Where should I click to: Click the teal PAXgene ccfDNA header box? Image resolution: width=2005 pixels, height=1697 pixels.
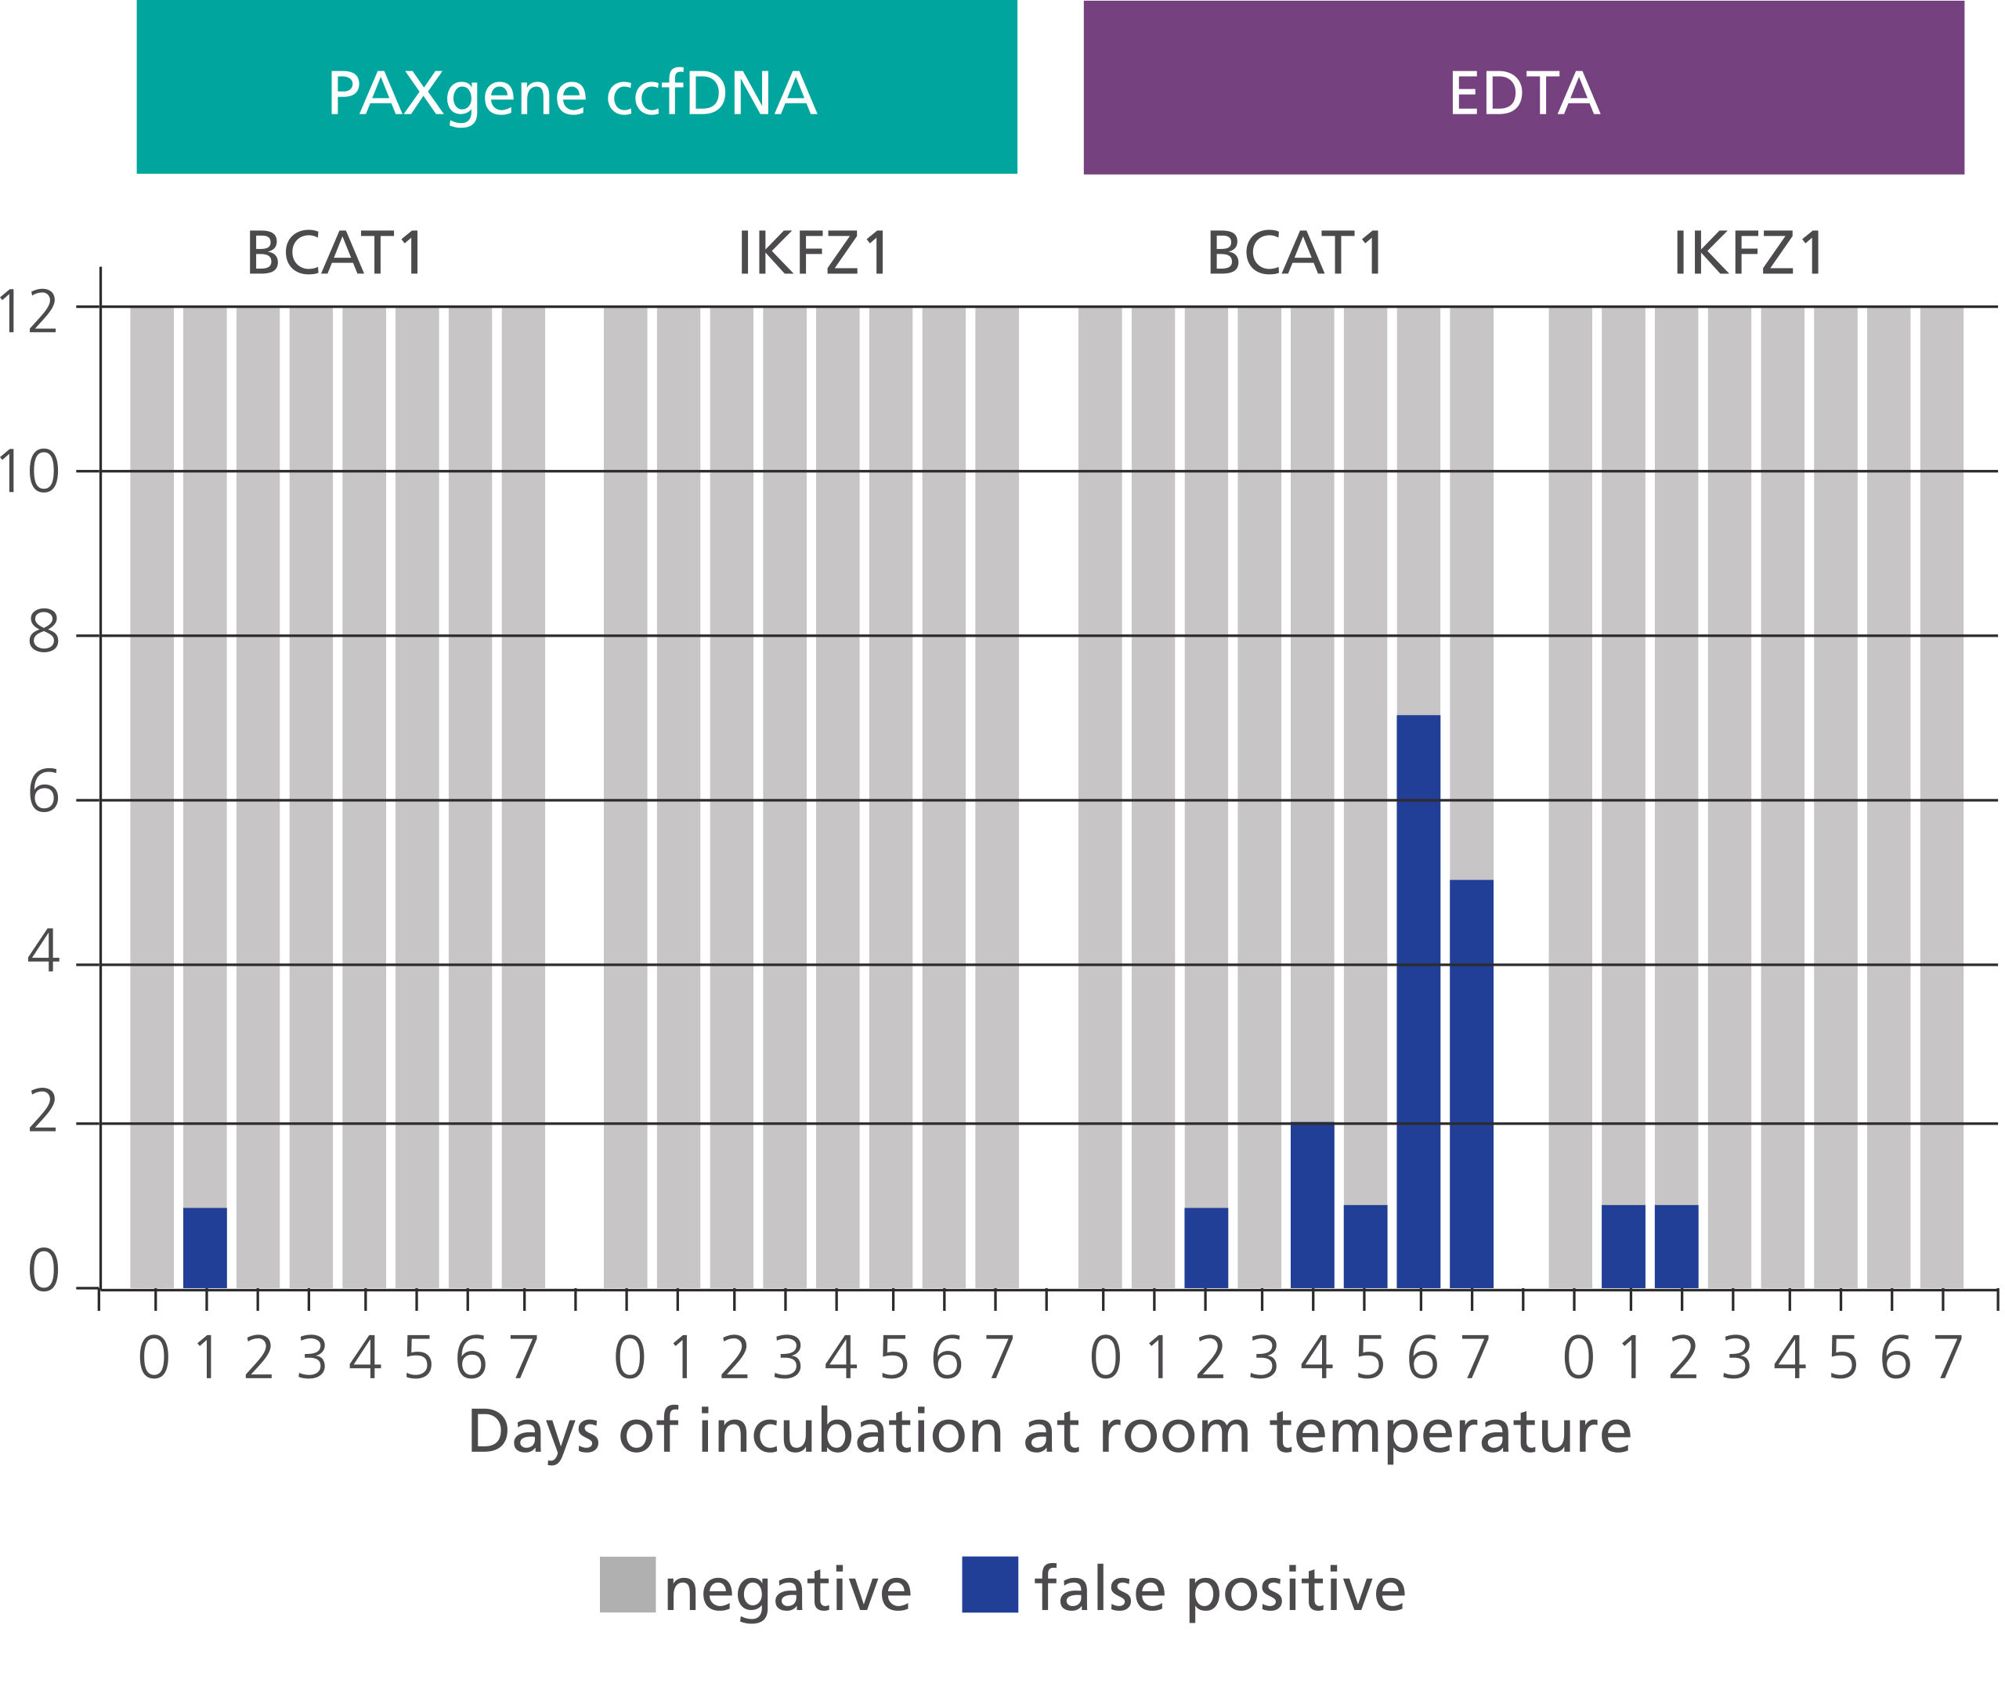[576, 88]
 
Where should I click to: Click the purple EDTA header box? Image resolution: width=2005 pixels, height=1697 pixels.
[1523, 88]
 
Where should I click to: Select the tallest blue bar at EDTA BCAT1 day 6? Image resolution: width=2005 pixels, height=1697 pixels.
[1418, 1001]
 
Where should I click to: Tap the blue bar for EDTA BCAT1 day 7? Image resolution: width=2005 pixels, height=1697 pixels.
[1471, 1083]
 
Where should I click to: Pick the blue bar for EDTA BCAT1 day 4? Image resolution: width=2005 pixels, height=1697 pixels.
[1313, 1204]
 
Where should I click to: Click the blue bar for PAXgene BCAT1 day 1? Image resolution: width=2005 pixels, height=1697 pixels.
[205, 1247]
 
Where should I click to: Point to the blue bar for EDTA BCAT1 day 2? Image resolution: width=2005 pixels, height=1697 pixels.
[1205, 1247]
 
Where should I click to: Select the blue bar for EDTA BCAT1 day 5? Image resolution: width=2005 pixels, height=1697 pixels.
[1365, 1246]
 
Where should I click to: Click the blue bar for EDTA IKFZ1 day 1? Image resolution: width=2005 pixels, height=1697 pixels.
[1623, 1246]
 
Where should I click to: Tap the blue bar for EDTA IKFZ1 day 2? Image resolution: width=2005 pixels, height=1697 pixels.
[1676, 1246]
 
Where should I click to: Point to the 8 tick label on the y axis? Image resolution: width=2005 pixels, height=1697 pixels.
[43, 633]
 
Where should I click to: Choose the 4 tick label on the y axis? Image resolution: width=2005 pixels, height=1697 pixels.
[43, 952]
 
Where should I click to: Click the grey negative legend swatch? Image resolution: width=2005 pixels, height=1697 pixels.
[627, 1584]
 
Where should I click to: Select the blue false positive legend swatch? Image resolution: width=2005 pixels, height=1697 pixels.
[989, 1584]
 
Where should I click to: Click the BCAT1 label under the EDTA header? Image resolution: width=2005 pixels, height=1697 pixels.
[1295, 254]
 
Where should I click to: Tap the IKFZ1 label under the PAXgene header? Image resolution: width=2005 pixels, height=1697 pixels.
[814, 254]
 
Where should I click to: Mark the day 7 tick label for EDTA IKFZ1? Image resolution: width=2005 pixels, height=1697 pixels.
[1947, 1359]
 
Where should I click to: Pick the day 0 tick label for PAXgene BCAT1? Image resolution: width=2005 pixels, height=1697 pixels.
[154, 1359]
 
